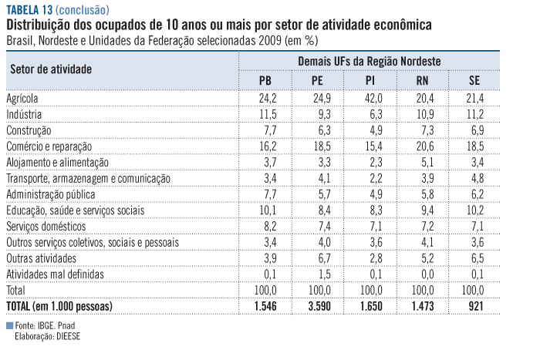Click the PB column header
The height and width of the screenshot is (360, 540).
[x=265, y=80]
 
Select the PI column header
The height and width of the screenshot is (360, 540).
[x=370, y=80]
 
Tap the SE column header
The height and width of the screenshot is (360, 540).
[x=474, y=80]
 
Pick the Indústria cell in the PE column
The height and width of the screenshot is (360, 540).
[x=317, y=114]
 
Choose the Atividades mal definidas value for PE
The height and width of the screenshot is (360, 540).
[x=317, y=274]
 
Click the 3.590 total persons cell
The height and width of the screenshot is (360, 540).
[x=316, y=307]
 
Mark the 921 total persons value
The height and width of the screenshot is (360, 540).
[x=474, y=307]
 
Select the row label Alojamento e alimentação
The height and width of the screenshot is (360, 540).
[x=58, y=163]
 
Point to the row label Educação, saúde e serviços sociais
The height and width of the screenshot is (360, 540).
[x=75, y=210]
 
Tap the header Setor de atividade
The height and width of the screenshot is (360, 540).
[x=51, y=69]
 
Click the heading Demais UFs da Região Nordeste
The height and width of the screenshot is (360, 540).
[x=368, y=60]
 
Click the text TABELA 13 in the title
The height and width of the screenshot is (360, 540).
[x=30, y=10]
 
